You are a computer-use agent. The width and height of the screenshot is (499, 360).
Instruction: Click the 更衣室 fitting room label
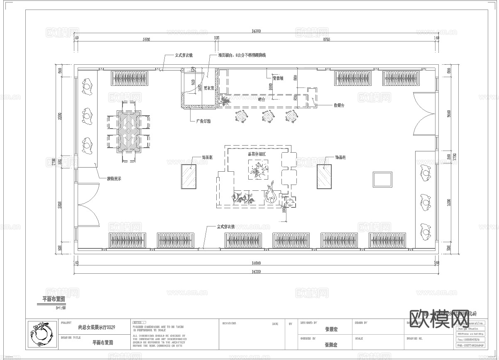[208, 88]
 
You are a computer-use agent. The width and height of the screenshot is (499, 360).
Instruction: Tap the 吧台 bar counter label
[261, 99]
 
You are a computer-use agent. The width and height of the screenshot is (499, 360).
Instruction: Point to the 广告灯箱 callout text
[203, 121]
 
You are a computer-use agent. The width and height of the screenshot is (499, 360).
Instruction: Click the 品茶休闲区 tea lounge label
[257, 154]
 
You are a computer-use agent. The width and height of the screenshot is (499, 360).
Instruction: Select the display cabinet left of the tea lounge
[188, 177]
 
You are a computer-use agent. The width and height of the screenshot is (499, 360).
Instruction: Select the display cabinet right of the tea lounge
[324, 177]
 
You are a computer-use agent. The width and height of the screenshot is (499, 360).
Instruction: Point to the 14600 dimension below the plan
[256, 263]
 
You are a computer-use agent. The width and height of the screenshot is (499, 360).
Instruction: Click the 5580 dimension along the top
[146, 39]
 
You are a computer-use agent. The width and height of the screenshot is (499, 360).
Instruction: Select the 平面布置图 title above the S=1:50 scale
[54, 299]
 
